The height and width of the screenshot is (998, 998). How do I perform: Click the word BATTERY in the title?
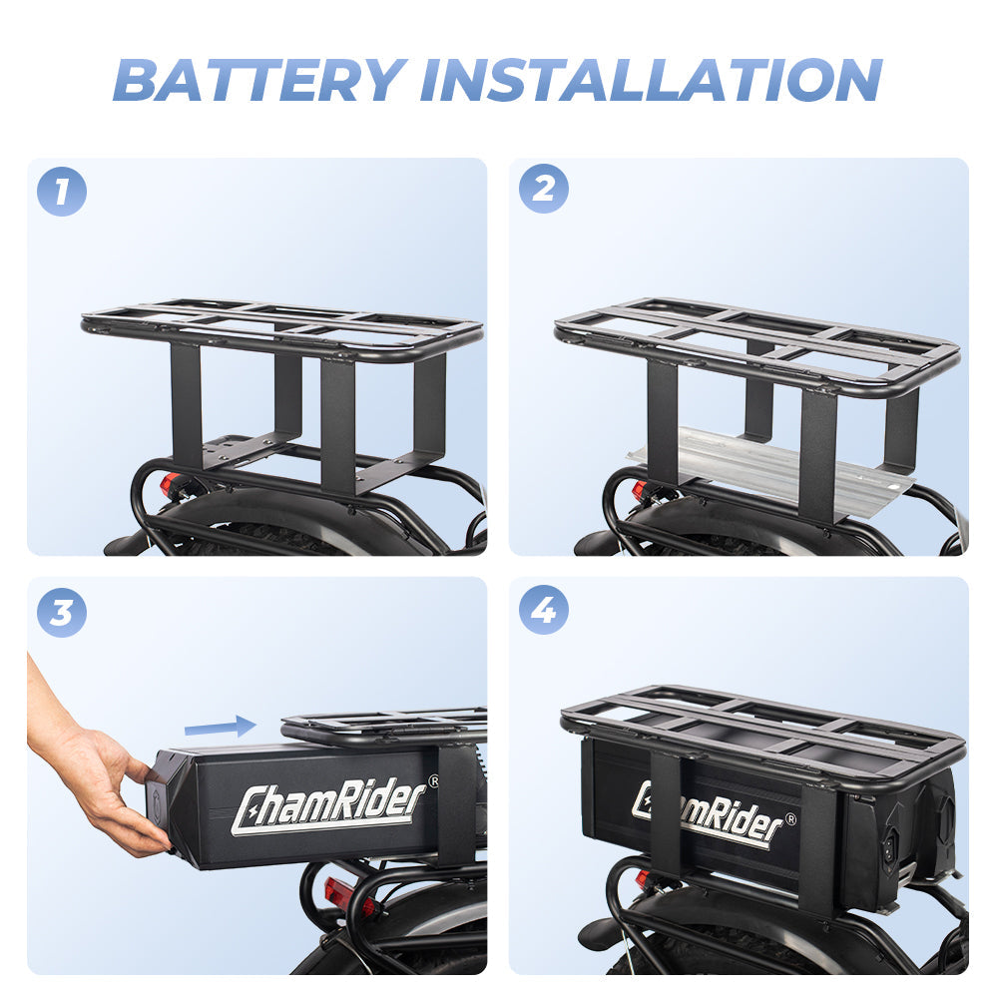click(x=261, y=79)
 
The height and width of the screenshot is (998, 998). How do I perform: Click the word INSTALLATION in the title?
click(x=658, y=79)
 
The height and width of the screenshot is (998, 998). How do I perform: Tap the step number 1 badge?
click(x=62, y=192)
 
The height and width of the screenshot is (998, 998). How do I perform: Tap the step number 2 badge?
click(x=543, y=190)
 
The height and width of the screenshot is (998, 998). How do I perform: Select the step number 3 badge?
click(x=62, y=612)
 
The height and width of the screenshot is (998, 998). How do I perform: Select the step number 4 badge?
click(x=543, y=610)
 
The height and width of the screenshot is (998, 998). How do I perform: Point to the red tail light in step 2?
click(x=639, y=491)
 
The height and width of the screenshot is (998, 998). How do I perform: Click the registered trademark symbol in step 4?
click(x=790, y=820)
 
